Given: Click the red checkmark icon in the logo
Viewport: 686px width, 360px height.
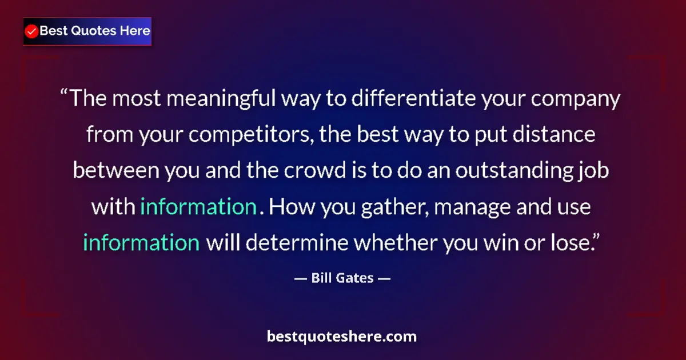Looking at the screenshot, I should pyautogui.click(x=32, y=31).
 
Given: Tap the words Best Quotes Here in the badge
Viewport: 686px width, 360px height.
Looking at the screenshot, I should pyautogui.click(x=95, y=31).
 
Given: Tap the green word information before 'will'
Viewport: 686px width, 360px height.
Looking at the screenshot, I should pyautogui.click(x=141, y=243).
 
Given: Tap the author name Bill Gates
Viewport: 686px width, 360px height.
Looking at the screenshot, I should pyautogui.click(x=343, y=278).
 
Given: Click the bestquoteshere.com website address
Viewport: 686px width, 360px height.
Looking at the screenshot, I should pyautogui.click(x=342, y=337).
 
